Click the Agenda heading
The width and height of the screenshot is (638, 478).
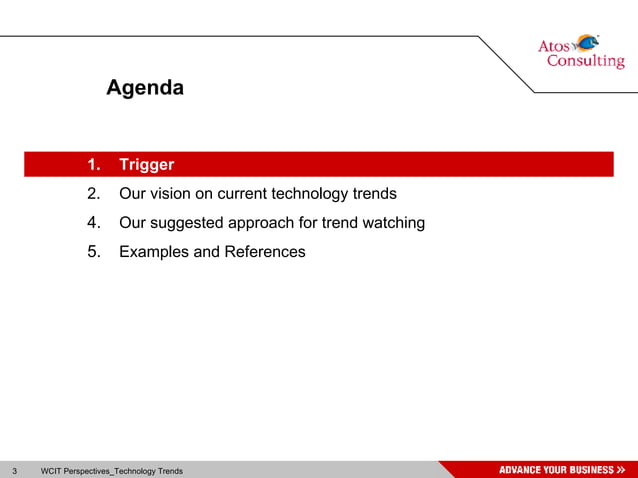click(145, 88)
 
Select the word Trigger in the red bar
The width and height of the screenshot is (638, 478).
click(146, 165)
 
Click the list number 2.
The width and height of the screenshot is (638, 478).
click(94, 194)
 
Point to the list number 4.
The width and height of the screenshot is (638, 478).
click(94, 223)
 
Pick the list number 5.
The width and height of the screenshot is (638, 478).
click(94, 252)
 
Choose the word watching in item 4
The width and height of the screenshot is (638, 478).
click(392, 223)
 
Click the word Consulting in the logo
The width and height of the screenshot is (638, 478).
click(585, 62)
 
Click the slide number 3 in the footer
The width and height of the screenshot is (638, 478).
click(15, 470)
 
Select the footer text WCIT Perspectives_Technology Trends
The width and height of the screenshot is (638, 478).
click(111, 470)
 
